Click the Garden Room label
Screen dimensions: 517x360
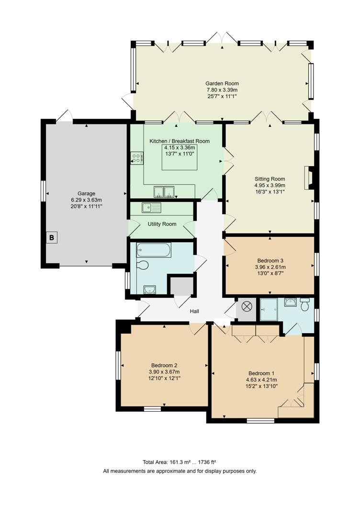[222, 83]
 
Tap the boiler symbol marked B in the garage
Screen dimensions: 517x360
[52, 236]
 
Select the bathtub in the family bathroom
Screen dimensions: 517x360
[153, 249]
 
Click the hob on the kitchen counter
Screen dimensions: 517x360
[136, 158]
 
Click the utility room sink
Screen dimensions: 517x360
[152, 208]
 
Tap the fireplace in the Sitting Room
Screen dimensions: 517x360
[310, 178]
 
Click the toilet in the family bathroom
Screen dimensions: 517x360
[143, 265]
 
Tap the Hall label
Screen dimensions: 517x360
[194, 311]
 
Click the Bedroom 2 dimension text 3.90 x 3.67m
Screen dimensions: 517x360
[164, 371]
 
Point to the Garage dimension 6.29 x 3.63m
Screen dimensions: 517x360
[87, 200]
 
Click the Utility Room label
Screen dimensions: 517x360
[162, 224]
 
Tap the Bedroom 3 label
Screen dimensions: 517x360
[270, 261]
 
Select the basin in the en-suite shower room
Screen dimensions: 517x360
[290, 302]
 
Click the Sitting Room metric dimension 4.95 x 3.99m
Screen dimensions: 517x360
[270, 185]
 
